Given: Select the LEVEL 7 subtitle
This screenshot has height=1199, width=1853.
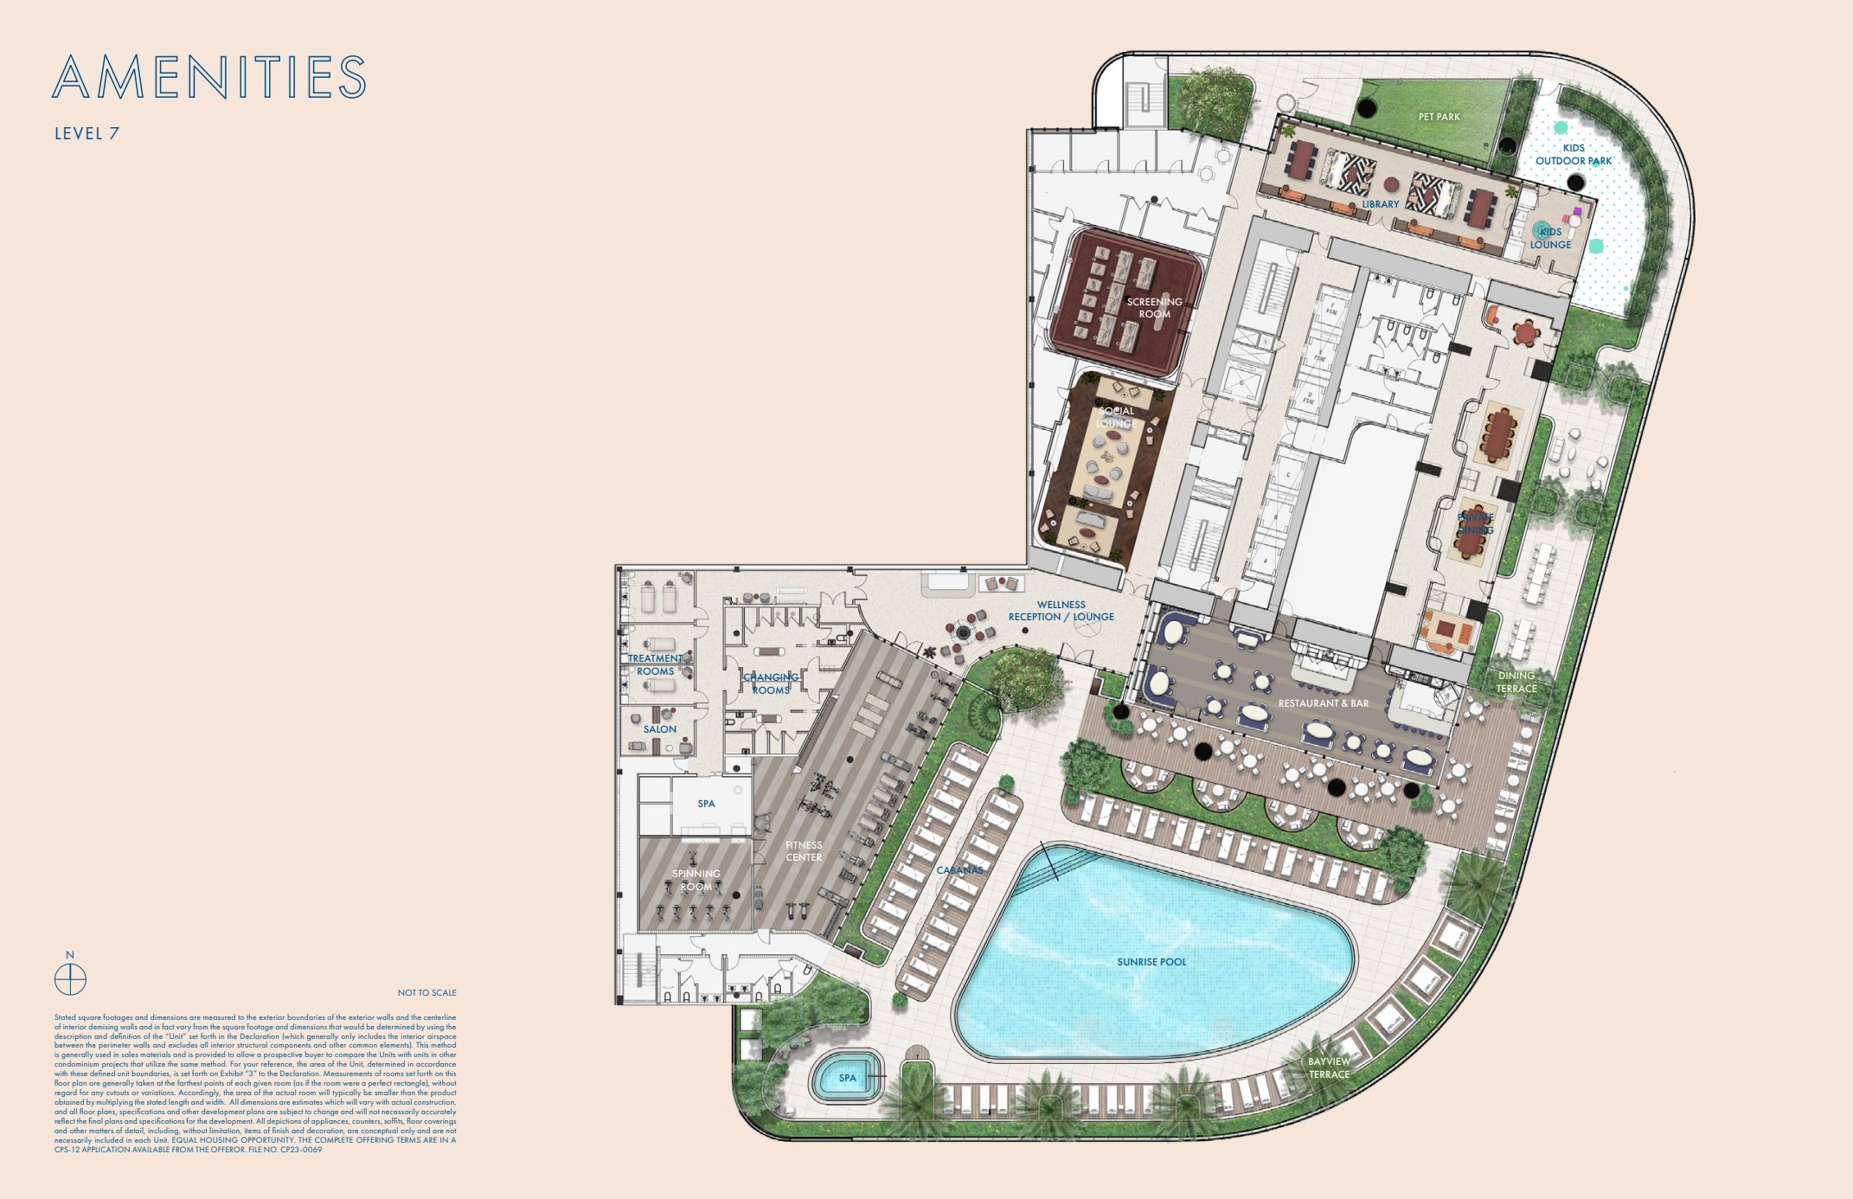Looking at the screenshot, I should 87,133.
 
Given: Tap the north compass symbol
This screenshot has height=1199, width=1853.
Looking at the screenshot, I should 70,979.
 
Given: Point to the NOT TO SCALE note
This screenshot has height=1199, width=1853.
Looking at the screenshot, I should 426,992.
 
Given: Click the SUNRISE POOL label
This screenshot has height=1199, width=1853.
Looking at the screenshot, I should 1151,962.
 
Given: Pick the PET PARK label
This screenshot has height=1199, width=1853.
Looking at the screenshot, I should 1439,117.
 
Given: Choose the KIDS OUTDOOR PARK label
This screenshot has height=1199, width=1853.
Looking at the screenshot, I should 1574,154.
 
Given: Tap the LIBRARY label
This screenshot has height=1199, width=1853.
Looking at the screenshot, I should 1380,204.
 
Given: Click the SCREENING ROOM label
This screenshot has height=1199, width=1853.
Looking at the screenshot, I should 1154,308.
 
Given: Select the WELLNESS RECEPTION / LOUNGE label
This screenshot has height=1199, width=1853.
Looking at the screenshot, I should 1061,611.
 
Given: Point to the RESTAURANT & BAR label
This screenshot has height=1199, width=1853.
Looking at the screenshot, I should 1324,703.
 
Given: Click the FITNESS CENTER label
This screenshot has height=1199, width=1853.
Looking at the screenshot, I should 804,851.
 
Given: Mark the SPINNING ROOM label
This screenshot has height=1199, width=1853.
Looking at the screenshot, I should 696,880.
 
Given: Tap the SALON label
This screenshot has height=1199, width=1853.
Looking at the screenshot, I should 659,729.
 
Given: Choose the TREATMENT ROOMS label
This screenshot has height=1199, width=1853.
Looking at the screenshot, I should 655,664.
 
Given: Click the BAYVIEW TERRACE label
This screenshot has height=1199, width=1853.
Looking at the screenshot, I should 1329,1068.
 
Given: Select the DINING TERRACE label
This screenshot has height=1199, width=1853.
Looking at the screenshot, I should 1516,682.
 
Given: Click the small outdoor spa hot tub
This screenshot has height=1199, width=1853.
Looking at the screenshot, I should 847,1077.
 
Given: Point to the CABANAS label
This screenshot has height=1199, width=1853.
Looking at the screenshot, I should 959,869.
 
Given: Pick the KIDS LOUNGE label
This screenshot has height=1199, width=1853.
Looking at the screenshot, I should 1550,238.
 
